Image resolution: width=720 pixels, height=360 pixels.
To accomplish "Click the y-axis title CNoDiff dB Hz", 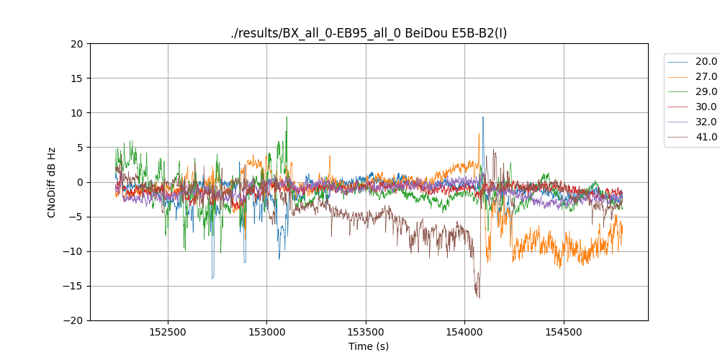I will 51,182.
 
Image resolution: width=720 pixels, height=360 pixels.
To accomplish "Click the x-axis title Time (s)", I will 369,346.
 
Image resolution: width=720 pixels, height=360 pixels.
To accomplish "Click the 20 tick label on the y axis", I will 77,44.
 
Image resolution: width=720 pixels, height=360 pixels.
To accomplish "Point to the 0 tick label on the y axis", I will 79,182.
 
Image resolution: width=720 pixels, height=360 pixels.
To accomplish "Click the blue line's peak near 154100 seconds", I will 482,117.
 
